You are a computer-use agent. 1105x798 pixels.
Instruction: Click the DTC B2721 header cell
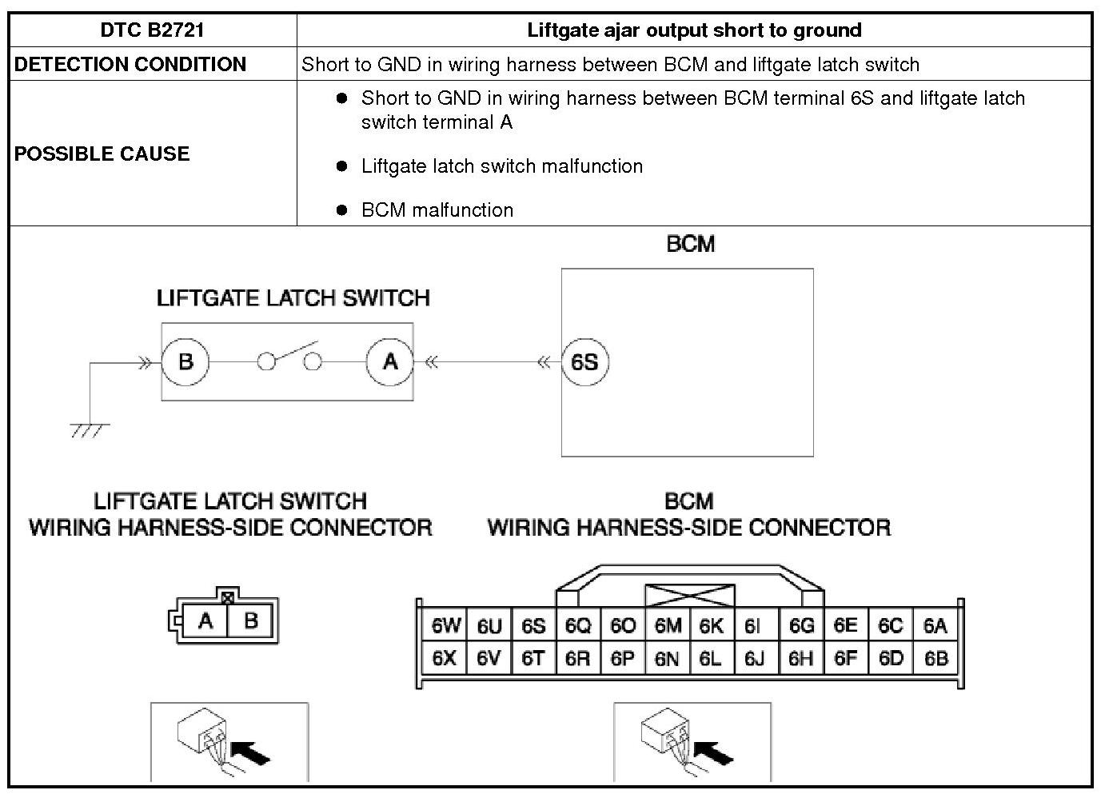point(153,30)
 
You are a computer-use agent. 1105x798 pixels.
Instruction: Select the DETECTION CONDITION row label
point(130,65)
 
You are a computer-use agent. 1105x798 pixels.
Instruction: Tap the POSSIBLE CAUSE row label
point(102,154)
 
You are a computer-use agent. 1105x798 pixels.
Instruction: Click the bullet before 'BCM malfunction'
point(342,210)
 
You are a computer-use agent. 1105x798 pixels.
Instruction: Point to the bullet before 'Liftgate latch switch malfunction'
point(342,166)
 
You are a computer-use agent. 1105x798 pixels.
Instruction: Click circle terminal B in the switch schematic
point(185,361)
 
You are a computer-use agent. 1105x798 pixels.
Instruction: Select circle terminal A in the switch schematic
point(389,361)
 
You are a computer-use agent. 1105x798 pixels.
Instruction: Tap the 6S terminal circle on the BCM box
point(584,362)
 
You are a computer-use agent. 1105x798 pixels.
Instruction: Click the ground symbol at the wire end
point(88,429)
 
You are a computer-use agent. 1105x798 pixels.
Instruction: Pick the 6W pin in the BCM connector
point(446,626)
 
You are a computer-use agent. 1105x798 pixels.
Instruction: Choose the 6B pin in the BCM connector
point(935,659)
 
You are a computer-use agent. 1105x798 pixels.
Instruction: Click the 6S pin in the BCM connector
point(533,626)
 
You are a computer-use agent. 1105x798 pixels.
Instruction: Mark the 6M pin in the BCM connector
point(668,626)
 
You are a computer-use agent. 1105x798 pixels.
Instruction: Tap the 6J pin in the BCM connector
point(754,659)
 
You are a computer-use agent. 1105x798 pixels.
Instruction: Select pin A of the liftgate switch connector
point(205,620)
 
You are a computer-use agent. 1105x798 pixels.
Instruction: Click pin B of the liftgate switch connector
point(250,620)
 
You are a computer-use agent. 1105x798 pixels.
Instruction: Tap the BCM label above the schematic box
point(690,244)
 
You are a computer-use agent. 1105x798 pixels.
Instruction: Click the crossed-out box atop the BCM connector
point(689,596)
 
